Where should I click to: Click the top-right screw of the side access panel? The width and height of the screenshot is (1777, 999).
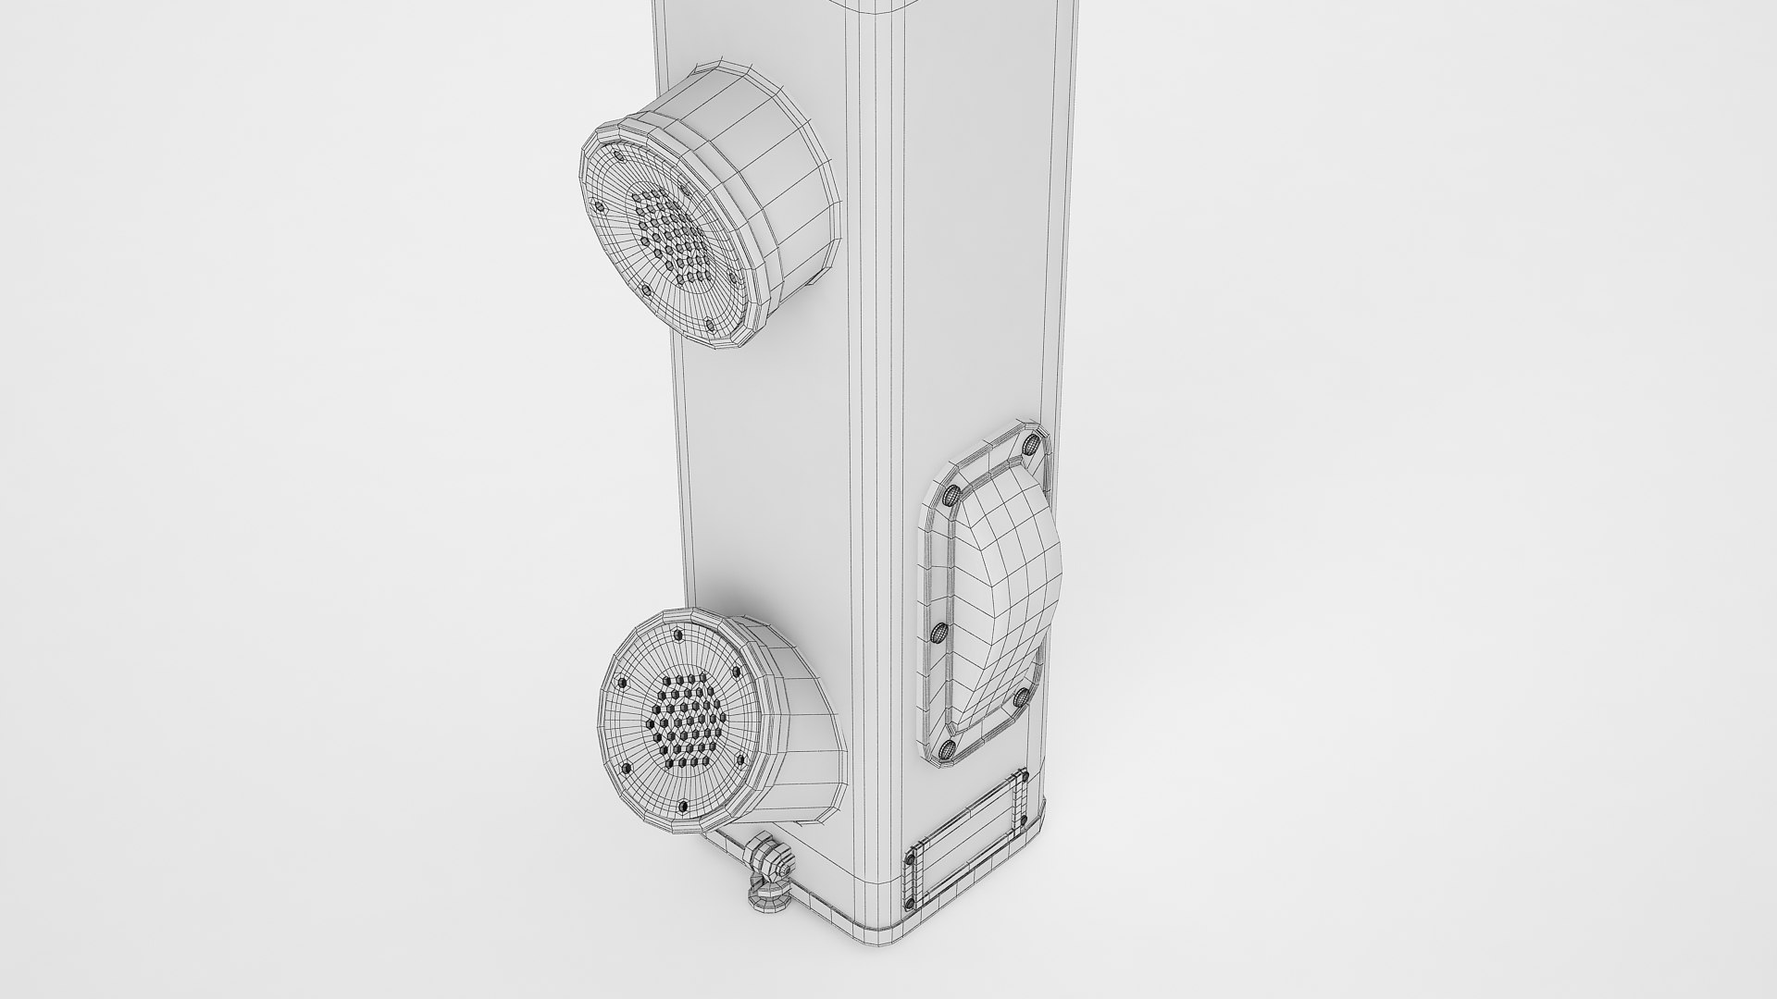(1031, 446)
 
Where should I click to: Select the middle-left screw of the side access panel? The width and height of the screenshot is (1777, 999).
(937, 634)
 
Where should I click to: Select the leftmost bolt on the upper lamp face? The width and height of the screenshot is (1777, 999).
(600, 205)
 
